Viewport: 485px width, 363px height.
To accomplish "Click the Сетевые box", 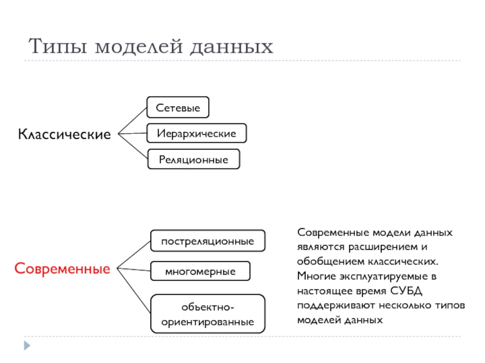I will point(178,107).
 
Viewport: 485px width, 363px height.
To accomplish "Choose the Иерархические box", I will point(196,132).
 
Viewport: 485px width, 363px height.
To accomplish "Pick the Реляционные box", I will point(193,159).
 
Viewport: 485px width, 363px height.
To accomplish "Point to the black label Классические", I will point(64,134).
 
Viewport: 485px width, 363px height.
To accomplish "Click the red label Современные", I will point(62,267).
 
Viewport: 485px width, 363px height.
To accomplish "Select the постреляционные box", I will point(207,241).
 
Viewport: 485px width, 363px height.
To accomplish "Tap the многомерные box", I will point(200,272).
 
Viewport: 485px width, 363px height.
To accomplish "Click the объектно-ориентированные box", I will point(207,314).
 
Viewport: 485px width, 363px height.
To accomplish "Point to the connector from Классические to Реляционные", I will point(132,146).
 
